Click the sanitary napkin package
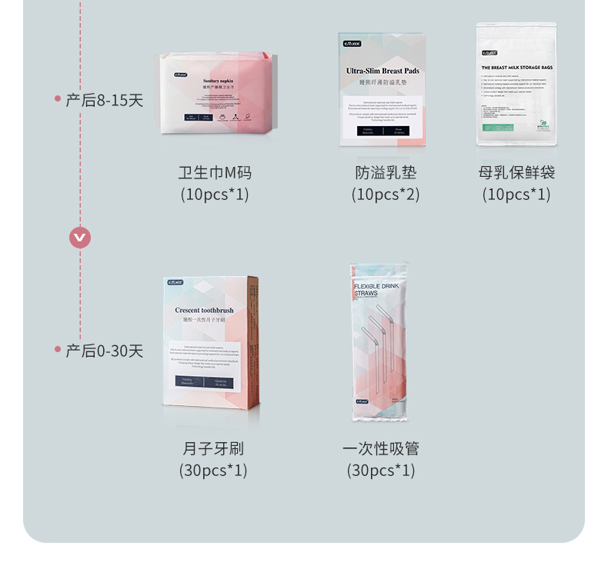click(x=214, y=93)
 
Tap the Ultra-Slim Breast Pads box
click(x=382, y=89)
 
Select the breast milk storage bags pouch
click(x=516, y=84)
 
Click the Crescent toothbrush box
click(x=211, y=341)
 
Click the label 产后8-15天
click(x=105, y=100)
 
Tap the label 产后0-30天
click(x=105, y=351)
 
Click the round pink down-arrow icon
click(x=80, y=238)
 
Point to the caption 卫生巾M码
click(x=215, y=172)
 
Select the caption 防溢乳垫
click(x=386, y=172)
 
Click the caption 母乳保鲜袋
click(x=516, y=172)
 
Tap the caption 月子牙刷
click(x=213, y=448)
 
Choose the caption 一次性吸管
click(x=381, y=448)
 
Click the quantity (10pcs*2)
click(x=386, y=195)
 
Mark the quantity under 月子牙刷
click(x=213, y=470)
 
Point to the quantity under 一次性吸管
click(x=381, y=470)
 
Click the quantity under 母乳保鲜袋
click(x=516, y=195)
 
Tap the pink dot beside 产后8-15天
click(x=58, y=98)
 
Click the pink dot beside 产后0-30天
click(x=58, y=349)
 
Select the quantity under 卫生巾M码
click(x=215, y=195)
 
